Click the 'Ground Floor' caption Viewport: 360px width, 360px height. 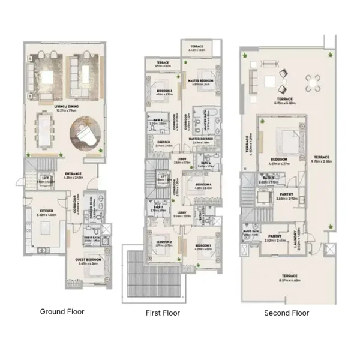(62, 311)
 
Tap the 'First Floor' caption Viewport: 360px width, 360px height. (163, 313)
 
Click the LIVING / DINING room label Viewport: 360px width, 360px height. (68, 108)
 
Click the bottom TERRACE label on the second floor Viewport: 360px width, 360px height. (289, 277)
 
